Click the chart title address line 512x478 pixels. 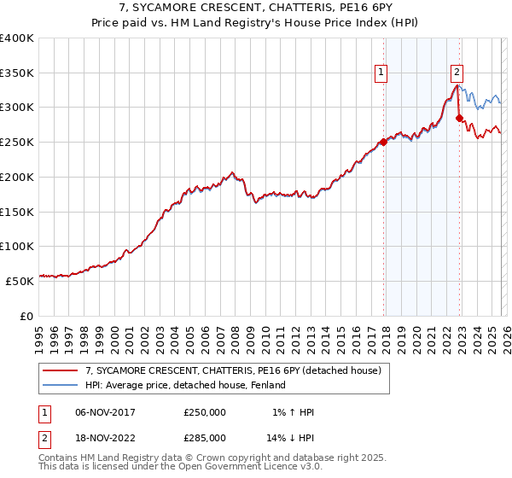256,8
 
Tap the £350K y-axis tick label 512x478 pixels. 17,73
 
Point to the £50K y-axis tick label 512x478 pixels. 20,280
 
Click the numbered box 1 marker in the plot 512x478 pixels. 380,73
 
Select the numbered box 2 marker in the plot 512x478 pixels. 457,73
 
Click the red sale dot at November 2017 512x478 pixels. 383,143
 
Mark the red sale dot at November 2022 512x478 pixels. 459,118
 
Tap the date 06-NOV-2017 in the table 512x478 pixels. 106,413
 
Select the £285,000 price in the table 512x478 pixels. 205,437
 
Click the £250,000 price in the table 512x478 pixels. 205,413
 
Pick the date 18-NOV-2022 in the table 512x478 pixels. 106,437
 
